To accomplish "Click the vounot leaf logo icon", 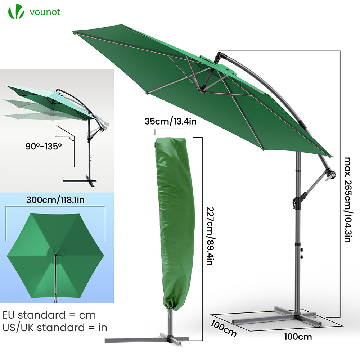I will [x=16, y=12].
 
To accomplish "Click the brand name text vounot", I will [x=45, y=12].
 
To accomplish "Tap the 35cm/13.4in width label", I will [x=171, y=121].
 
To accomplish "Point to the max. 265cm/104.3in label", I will [x=347, y=199].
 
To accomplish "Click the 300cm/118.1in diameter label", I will [x=55, y=200].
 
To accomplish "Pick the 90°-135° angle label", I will [x=44, y=146].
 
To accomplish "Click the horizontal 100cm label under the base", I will [x=298, y=337].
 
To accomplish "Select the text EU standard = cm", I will [x=49, y=315].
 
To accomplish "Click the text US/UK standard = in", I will [x=55, y=328].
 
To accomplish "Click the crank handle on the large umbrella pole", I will [x=330, y=175].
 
